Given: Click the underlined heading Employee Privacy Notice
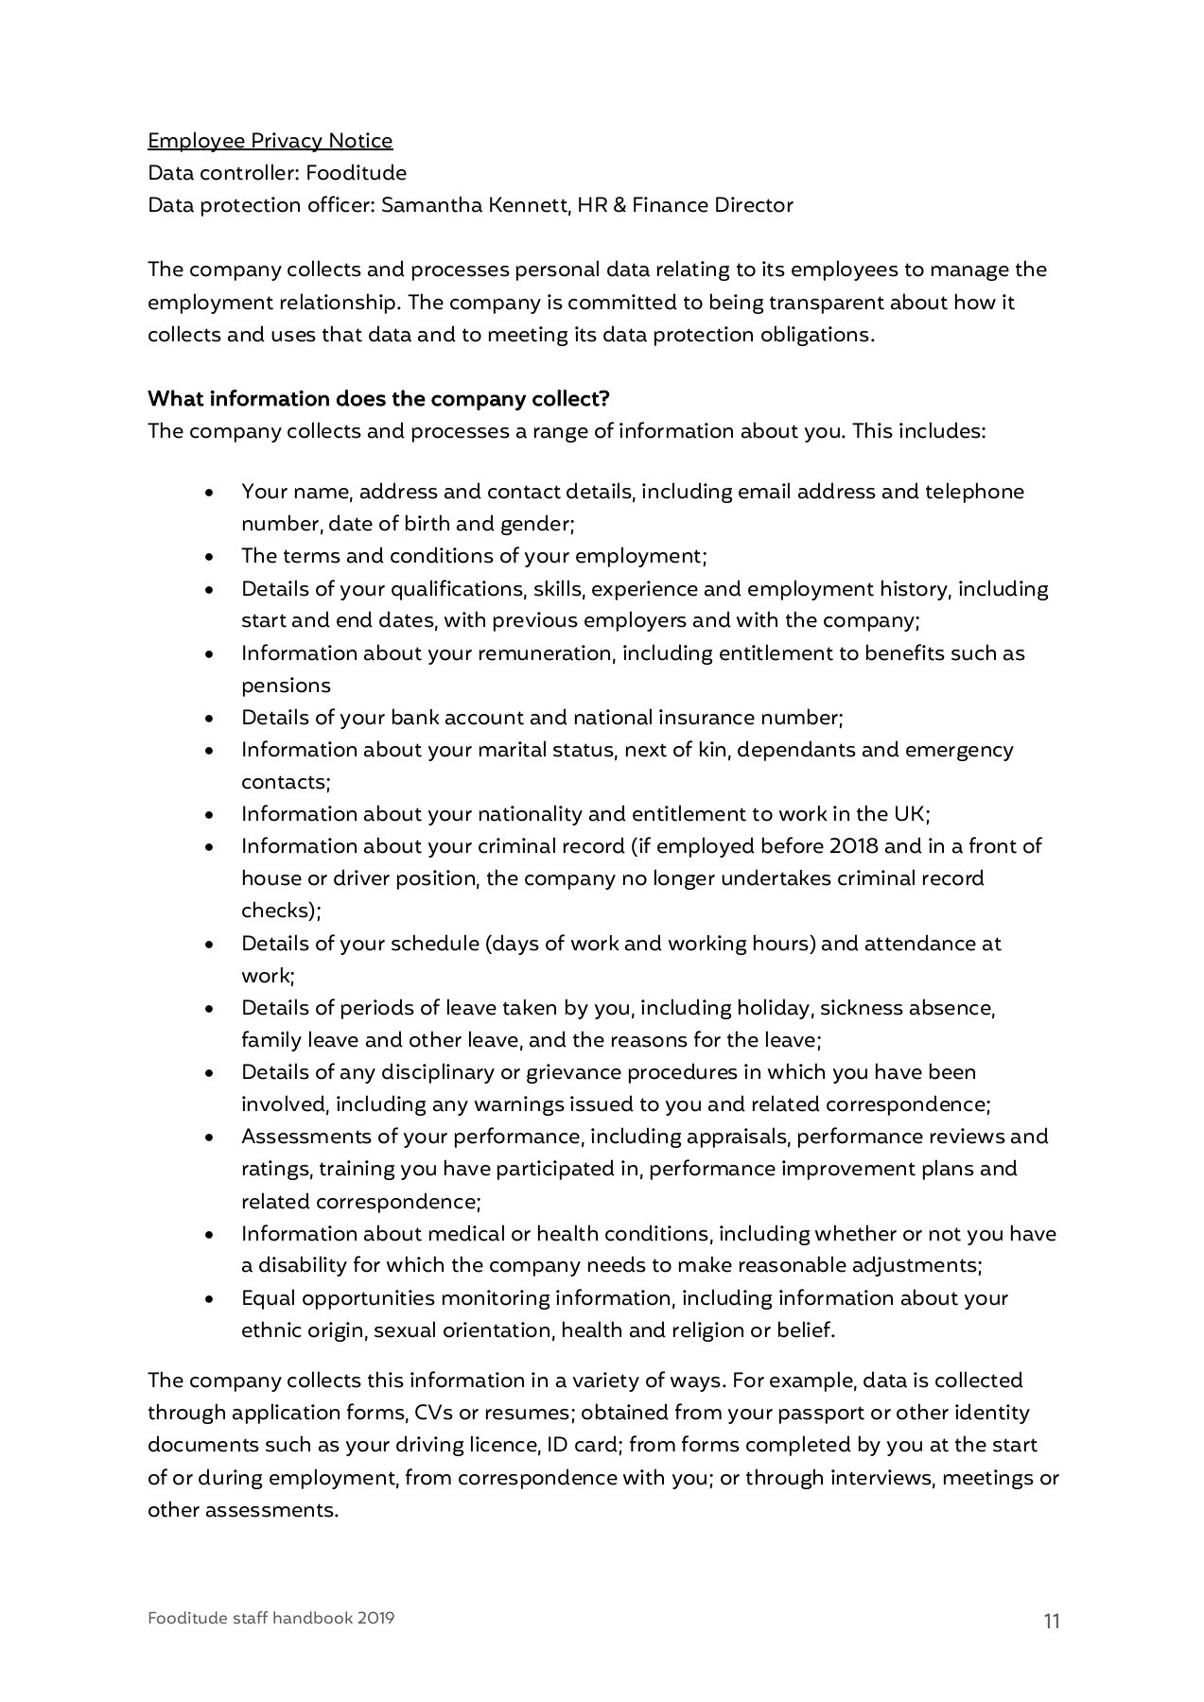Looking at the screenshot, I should pyautogui.click(x=270, y=141).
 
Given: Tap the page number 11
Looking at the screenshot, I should pyautogui.click(x=1052, y=1622).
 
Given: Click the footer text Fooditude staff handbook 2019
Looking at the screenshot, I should pyautogui.click(x=270, y=1618).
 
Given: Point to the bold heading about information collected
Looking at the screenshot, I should pyautogui.click(x=378, y=398).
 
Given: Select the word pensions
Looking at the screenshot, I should pyautogui.click(x=286, y=686).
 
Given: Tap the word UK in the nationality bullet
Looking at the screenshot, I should pyautogui.click(x=909, y=814).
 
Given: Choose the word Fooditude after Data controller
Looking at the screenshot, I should pyautogui.click(x=356, y=173).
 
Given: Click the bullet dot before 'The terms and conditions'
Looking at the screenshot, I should pyautogui.click(x=210, y=557).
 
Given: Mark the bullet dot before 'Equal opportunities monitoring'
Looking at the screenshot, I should pyautogui.click(x=210, y=1299).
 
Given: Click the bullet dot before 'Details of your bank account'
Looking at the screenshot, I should pyautogui.click(x=210, y=719).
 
